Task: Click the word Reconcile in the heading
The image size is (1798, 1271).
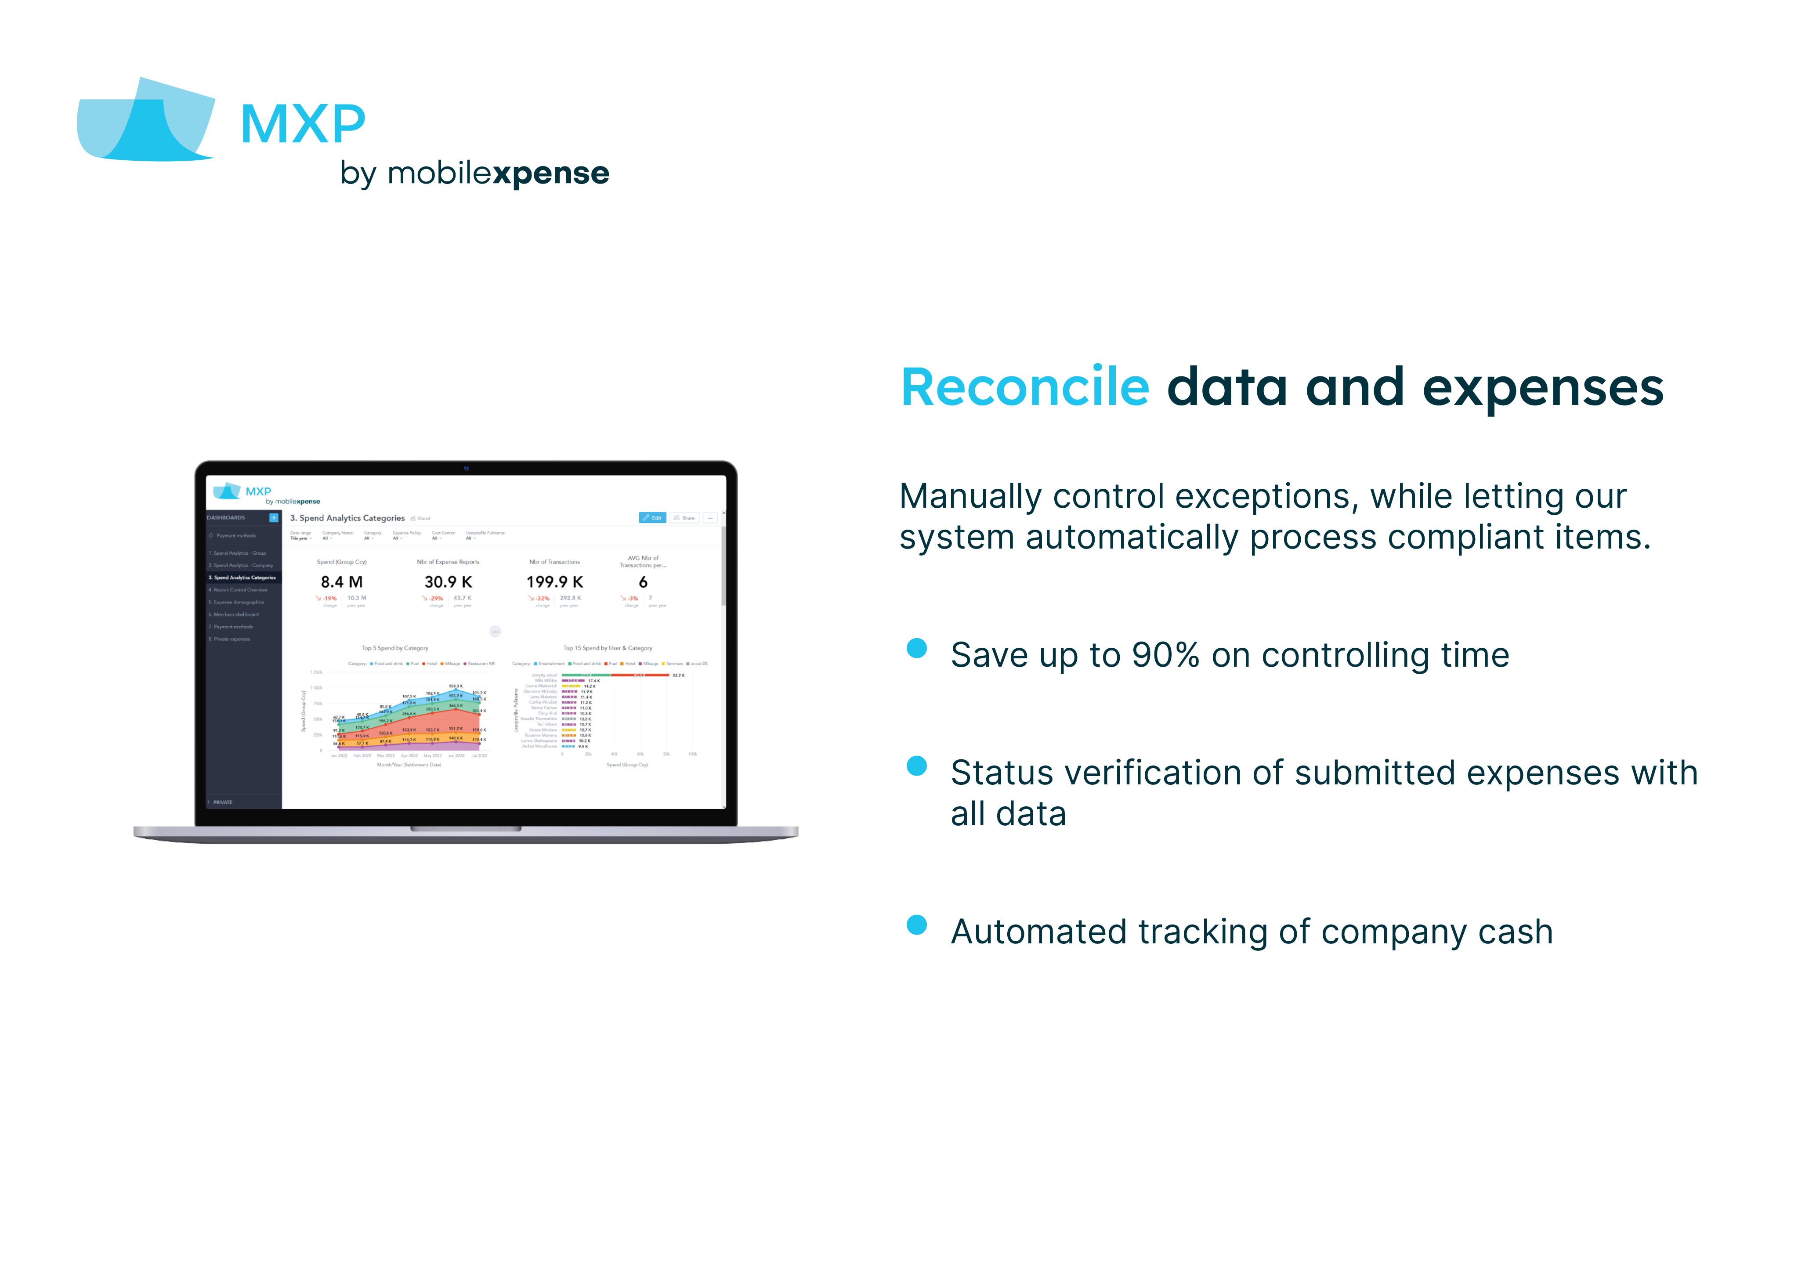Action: coord(1024,388)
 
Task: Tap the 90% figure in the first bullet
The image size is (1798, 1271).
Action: coord(1165,655)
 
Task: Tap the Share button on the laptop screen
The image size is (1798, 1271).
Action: coord(684,518)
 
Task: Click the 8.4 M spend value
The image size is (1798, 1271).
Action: coord(341,582)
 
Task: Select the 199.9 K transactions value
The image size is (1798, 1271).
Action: coord(554,582)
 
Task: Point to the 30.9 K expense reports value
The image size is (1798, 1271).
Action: coord(448,582)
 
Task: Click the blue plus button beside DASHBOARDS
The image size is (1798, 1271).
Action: coord(273,518)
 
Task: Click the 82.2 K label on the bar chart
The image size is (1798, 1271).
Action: coord(678,675)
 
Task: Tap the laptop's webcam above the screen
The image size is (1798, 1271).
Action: coord(466,468)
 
